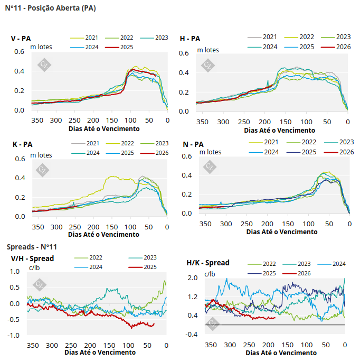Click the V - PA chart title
[21, 39]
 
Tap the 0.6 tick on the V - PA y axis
[19, 51]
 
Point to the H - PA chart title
[190, 39]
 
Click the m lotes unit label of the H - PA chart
[208, 50]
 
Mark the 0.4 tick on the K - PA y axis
[19, 178]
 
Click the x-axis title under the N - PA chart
[282, 232]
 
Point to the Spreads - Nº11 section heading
[32, 247]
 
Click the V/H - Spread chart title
[32, 258]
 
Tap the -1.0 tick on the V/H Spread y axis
[16, 336]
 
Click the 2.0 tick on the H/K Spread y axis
[192, 277]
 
